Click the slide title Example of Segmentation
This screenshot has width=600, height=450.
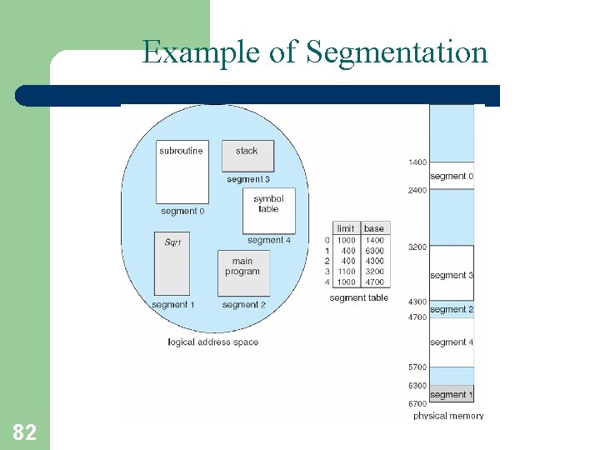[x=314, y=52]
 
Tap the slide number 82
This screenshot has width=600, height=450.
[x=24, y=432]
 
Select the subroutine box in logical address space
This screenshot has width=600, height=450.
[x=182, y=172]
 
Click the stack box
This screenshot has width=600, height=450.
[x=247, y=156]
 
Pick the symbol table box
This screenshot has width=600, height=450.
[x=268, y=210]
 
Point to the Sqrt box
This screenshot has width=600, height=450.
[x=172, y=263]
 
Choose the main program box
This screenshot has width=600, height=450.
[x=242, y=272]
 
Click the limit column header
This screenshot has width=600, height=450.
[x=345, y=228]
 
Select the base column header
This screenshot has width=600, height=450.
[x=374, y=228]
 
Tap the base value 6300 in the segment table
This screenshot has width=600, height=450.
[x=374, y=250]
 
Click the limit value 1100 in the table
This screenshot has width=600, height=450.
[x=346, y=272]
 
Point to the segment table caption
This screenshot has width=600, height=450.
[x=358, y=297]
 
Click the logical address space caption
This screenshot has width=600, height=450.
[x=212, y=342]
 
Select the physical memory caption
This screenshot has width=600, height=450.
[x=448, y=415]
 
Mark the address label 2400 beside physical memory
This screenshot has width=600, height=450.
[x=417, y=190]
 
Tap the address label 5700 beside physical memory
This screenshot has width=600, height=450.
[x=417, y=367]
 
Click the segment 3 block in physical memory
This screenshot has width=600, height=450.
[x=452, y=273]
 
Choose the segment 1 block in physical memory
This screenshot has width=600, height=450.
[x=451, y=394]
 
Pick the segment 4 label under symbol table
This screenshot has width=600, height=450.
[x=269, y=240]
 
